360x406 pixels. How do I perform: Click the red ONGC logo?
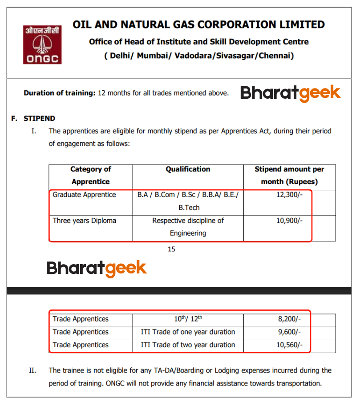(42, 44)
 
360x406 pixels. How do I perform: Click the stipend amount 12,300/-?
(289, 195)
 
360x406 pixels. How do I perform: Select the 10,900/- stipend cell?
(289, 221)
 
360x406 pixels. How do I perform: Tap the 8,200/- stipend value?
(289, 319)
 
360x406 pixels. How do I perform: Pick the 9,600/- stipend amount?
(289, 332)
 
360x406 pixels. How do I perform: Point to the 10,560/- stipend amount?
(289, 345)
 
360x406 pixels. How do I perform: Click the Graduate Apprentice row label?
(84, 195)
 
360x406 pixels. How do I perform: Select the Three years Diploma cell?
(84, 221)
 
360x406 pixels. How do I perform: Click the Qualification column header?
(188, 169)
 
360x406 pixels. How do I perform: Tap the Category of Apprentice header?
(90, 175)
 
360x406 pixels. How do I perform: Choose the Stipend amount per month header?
(289, 175)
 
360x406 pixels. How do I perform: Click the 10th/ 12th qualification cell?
(188, 319)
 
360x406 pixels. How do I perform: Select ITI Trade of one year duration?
(188, 332)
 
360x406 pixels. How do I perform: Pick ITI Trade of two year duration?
(188, 345)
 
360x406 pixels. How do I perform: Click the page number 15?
(171, 249)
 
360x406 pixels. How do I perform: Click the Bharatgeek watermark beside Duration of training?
(291, 93)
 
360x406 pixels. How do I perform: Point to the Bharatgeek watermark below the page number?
(96, 268)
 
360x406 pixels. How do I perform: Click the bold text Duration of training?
(60, 93)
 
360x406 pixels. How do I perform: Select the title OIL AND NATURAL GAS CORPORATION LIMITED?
(198, 24)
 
